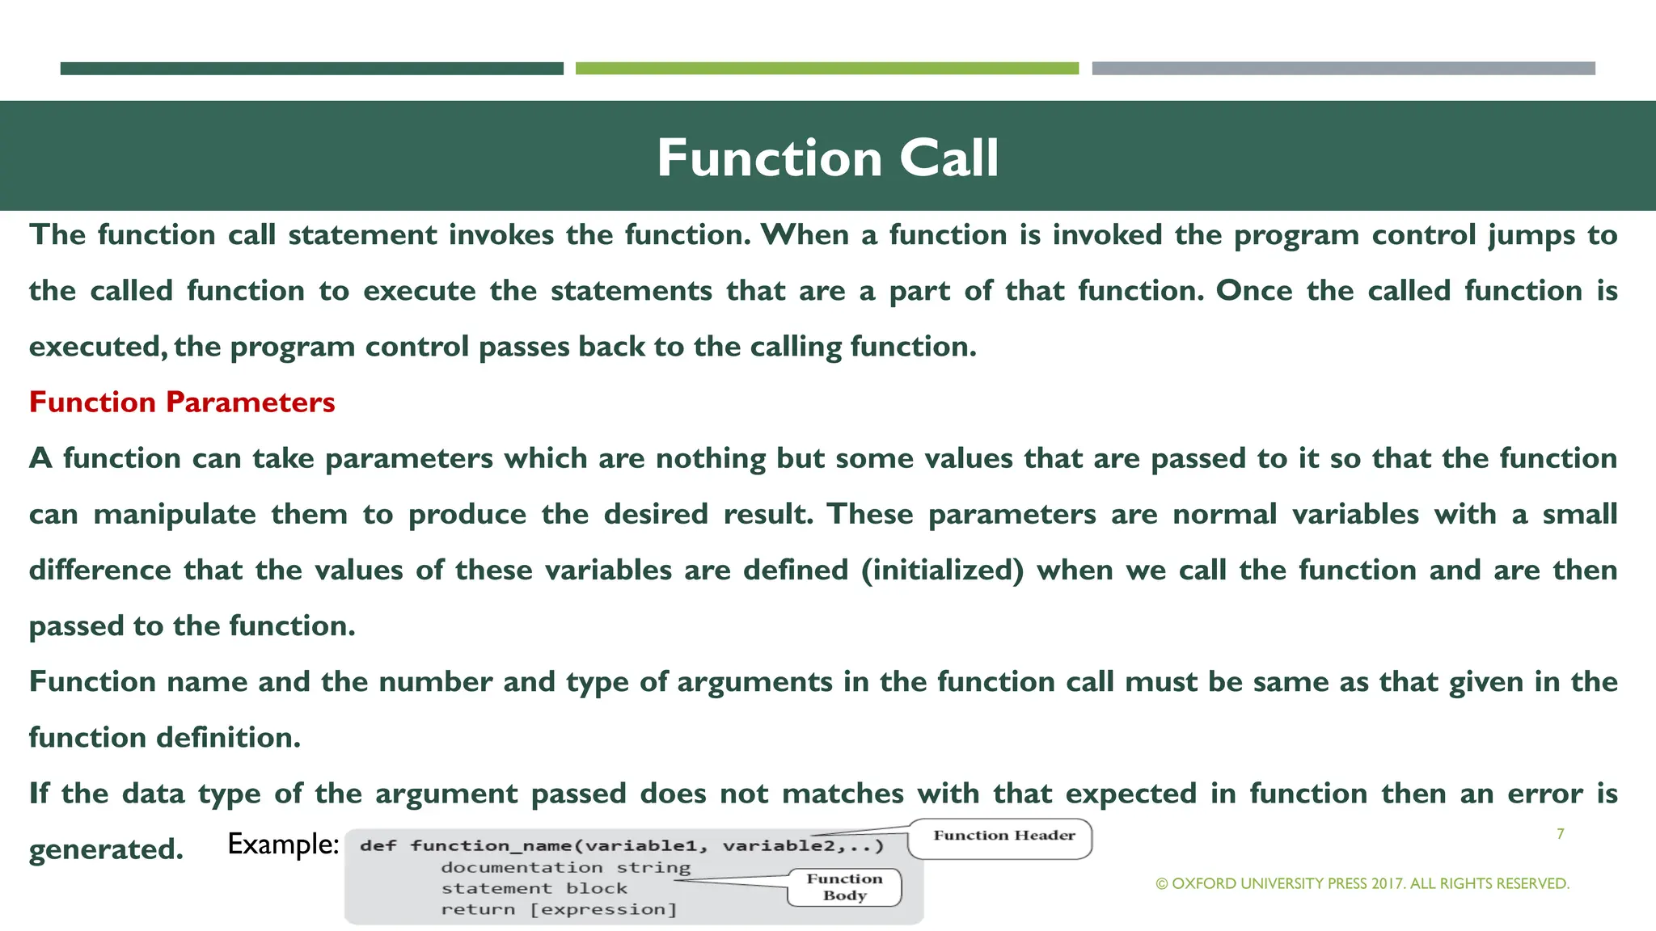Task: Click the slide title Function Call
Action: click(827, 158)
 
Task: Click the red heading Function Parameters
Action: click(182, 402)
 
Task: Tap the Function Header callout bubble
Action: click(1003, 836)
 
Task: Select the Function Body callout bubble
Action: click(844, 887)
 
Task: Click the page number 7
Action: click(1560, 834)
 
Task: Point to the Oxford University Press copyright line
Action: click(1362, 884)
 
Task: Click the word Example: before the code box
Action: click(282, 845)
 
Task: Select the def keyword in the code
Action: click(378, 846)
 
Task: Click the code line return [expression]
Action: click(558, 910)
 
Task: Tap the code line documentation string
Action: click(565, 868)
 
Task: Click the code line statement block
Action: click(534, 889)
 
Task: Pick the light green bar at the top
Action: click(826, 69)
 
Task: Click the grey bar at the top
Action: click(1343, 69)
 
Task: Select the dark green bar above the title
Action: click(311, 69)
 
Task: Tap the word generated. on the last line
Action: click(106, 849)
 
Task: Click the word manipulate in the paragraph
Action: click(175, 515)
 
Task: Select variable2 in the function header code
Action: click(777, 846)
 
